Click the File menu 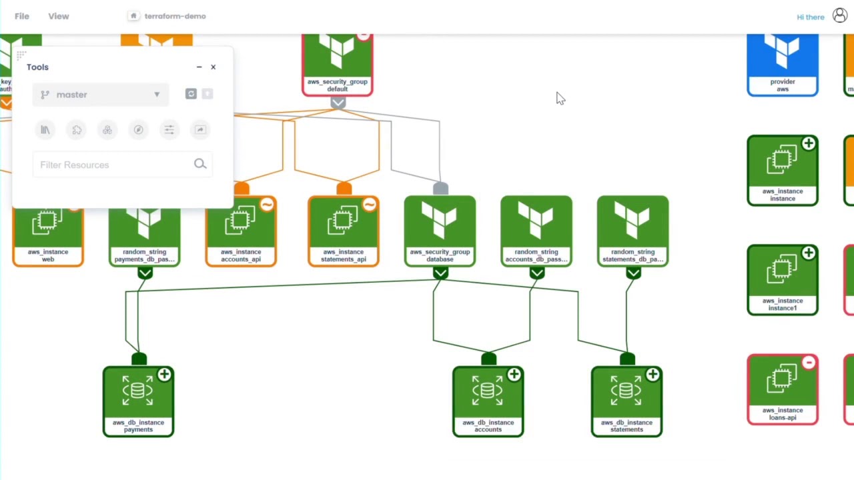pyautogui.click(x=22, y=16)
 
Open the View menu pyautogui.click(x=58, y=16)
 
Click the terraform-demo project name pyautogui.click(x=175, y=16)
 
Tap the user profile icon pyautogui.click(x=840, y=16)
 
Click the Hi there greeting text pyautogui.click(x=810, y=17)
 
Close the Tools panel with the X pyautogui.click(x=213, y=67)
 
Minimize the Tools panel pyautogui.click(x=199, y=67)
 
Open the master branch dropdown pyautogui.click(x=100, y=95)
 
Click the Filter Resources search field pyautogui.click(x=113, y=165)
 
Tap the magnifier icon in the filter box pyautogui.click(x=200, y=164)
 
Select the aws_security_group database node pyautogui.click(x=440, y=231)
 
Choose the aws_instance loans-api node pyautogui.click(x=783, y=390)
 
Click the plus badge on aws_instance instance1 pyautogui.click(x=809, y=253)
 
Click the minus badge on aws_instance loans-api pyautogui.click(x=809, y=363)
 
